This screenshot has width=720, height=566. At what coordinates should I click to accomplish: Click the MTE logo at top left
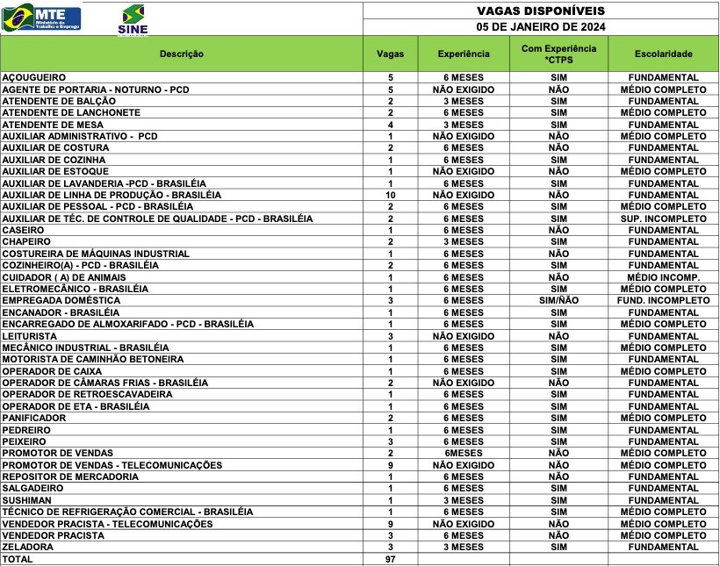click(x=42, y=17)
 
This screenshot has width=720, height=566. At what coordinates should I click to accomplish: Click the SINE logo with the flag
click(x=133, y=18)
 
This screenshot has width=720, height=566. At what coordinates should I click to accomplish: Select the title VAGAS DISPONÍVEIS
click(x=541, y=11)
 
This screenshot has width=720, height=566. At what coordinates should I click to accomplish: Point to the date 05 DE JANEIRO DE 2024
click(x=541, y=26)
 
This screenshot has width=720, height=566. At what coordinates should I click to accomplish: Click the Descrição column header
click(x=182, y=54)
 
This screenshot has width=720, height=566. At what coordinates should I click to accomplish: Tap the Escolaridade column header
click(x=663, y=54)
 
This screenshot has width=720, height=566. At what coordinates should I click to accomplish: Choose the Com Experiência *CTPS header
click(x=558, y=54)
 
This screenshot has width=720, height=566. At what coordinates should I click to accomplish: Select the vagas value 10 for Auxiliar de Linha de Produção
click(x=390, y=195)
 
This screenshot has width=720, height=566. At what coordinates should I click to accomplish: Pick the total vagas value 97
click(x=390, y=559)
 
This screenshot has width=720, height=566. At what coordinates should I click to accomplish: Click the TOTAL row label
click(x=18, y=559)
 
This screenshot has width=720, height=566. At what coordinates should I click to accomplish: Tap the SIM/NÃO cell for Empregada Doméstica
click(x=558, y=301)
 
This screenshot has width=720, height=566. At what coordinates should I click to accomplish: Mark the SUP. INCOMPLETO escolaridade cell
click(x=663, y=219)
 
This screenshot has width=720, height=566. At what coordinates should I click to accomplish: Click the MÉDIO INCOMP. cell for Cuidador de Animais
click(x=663, y=277)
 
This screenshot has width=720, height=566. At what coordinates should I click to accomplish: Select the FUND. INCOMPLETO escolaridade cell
click(x=663, y=301)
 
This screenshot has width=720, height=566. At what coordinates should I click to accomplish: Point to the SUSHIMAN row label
click(x=27, y=500)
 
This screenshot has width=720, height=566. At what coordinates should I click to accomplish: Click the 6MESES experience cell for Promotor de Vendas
click(x=463, y=454)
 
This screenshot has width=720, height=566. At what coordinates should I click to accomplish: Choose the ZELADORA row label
click(x=27, y=548)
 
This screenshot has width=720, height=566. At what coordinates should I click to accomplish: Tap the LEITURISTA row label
click(x=30, y=336)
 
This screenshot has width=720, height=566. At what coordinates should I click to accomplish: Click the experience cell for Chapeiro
click(x=463, y=242)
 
